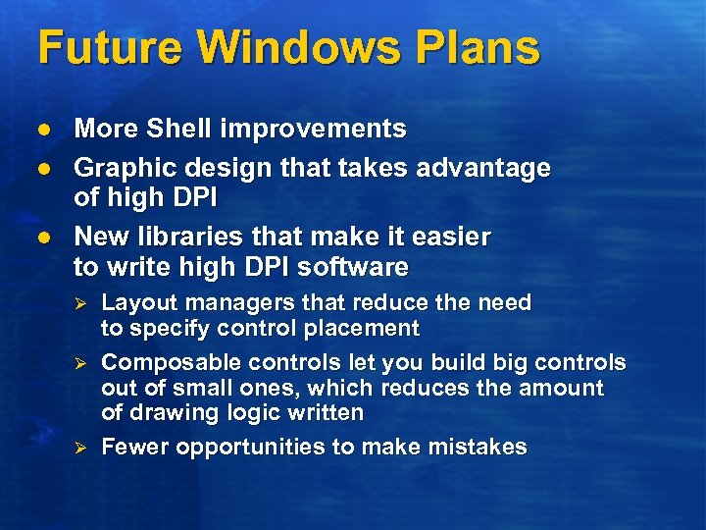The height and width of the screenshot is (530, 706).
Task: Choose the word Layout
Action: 134,302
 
